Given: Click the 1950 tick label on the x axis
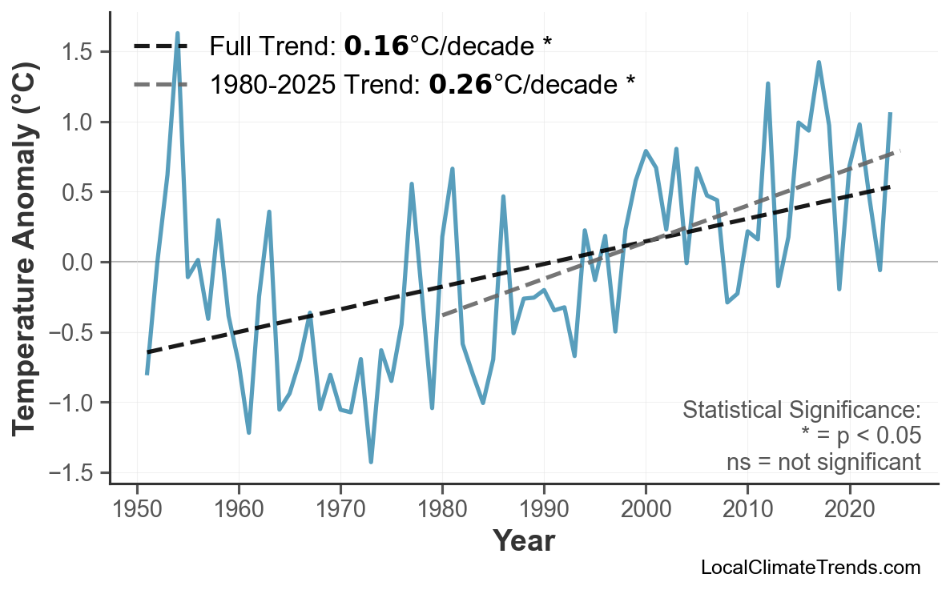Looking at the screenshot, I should [x=137, y=509].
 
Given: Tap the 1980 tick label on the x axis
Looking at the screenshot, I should [x=442, y=509].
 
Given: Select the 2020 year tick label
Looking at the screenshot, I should [x=849, y=509].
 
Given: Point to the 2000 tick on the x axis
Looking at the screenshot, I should [x=646, y=509].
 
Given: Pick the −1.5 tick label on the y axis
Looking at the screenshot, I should [x=71, y=473].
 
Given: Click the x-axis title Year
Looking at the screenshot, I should [x=523, y=541].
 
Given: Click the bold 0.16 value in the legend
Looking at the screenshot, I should [x=376, y=46].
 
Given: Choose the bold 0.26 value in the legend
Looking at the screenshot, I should [x=460, y=83].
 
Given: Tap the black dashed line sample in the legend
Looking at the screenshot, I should [x=161, y=46].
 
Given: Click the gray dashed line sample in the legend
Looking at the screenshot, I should [x=161, y=83].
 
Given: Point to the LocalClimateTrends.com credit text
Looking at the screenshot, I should [x=810, y=568].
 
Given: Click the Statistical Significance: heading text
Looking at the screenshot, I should [x=801, y=411].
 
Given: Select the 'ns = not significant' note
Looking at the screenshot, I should [x=823, y=462].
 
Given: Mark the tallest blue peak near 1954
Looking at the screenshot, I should [x=177, y=34].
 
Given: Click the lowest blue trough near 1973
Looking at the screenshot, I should [x=371, y=462].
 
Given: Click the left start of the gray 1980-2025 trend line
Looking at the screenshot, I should [x=442, y=315].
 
